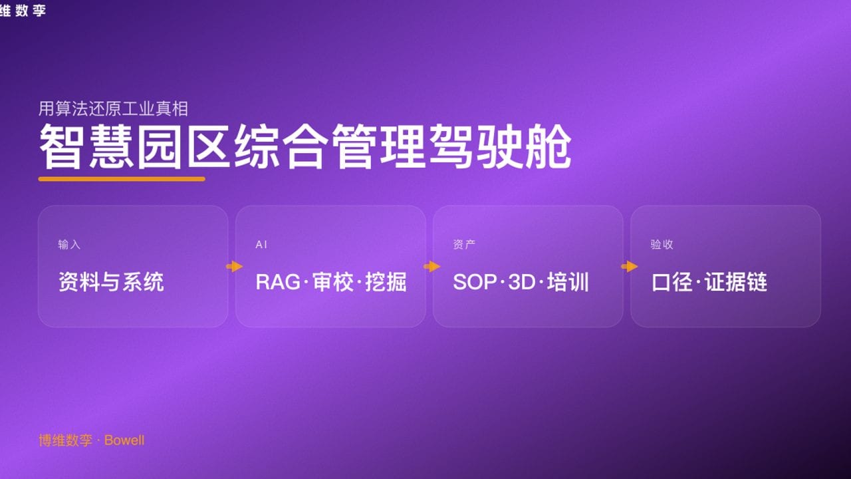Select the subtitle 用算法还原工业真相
(x=113, y=108)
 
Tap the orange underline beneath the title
(x=122, y=179)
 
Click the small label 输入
(x=69, y=245)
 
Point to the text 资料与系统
(x=111, y=282)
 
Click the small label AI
(x=261, y=245)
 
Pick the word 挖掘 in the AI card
(x=386, y=282)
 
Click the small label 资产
(x=464, y=245)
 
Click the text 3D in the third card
(x=521, y=282)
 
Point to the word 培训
(x=568, y=282)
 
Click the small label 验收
(x=662, y=245)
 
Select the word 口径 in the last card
(x=670, y=282)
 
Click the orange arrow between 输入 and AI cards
(x=234, y=267)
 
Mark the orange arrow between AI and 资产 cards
(x=431, y=267)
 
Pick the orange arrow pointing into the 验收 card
(x=629, y=267)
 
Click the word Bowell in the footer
(x=124, y=440)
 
